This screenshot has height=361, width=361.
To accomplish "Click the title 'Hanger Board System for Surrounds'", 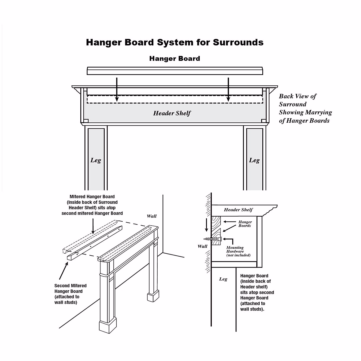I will click(x=174, y=42).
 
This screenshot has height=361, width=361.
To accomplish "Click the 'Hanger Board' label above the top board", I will click(x=174, y=59).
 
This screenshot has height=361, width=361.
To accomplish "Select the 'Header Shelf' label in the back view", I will click(x=172, y=113).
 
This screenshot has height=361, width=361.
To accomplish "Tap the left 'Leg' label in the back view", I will click(x=96, y=160).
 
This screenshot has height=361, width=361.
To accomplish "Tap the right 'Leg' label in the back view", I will click(x=254, y=160).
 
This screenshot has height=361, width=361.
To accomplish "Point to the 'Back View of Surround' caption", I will click(x=305, y=108).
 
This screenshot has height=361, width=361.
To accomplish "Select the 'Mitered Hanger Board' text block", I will click(x=92, y=205).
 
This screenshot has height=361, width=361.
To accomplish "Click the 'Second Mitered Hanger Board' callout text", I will click(x=70, y=294).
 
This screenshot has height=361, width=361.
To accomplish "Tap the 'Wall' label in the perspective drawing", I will click(x=152, y=216).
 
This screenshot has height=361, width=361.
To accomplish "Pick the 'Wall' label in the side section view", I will click(x=202, y=246).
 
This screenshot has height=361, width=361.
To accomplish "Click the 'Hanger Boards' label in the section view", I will click(x=245, y=224).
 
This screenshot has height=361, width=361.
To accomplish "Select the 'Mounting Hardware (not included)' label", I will click(x=238, y=251).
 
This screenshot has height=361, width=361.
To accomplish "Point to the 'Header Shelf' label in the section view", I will click(x=238, y=210).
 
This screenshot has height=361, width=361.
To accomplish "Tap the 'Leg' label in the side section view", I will click(x=223, y=279).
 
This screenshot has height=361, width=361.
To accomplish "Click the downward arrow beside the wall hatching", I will click(x=206, y=226).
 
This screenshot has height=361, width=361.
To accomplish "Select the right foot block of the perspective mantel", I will click(x=153, y=296).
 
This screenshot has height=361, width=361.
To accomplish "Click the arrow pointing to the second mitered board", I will click(x=64, y=271).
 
